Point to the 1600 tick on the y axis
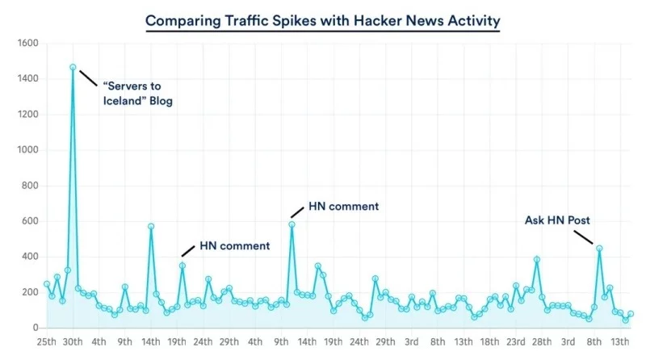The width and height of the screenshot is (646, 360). (28, 44)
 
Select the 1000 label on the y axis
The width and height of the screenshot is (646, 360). (28, 150)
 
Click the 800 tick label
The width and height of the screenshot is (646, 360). (31, 186)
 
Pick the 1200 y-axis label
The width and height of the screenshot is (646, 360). (28, 115)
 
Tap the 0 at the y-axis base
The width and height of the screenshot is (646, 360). (36, 328)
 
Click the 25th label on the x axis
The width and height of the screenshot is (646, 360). (47, 342)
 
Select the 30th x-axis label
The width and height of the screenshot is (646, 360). (73, 342)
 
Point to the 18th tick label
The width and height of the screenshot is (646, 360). (490, 342)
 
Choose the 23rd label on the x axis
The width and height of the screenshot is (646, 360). (516, 342)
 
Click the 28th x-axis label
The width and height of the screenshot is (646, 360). (542, 342)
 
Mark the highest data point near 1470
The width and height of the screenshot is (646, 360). (73, 67)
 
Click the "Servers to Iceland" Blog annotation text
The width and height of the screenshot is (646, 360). (137, 94)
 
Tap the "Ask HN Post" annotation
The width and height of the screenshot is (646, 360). (557, 220)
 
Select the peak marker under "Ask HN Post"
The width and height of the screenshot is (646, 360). (599, 249)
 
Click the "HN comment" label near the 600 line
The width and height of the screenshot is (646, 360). (343, 207)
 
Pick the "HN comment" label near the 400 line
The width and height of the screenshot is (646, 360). (234, 245)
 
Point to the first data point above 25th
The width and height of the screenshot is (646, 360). (47, 284)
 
